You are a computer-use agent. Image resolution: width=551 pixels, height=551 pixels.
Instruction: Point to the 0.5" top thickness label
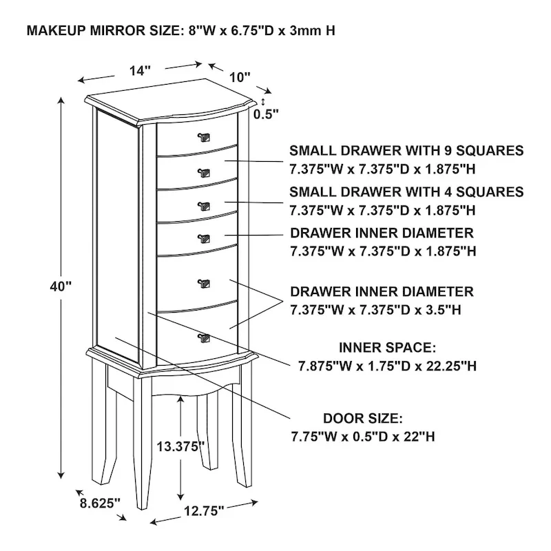[267, 114]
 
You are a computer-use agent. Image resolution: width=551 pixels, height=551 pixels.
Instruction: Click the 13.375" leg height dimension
[181, 446]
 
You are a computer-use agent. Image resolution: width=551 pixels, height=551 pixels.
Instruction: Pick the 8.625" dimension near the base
[99, 503]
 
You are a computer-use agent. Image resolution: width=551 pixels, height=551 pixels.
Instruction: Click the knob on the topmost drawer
[203, 136]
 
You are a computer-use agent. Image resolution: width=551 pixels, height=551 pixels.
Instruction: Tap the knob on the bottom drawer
[202, 337]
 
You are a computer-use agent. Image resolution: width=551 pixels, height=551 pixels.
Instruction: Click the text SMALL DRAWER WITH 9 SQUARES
[406, 150]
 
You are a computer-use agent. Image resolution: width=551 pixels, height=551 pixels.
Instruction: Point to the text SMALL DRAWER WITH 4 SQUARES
[406, 191]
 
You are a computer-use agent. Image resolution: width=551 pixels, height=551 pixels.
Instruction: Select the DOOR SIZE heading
[362, 418]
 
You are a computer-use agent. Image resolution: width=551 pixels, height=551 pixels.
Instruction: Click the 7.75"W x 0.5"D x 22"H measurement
[362, 437]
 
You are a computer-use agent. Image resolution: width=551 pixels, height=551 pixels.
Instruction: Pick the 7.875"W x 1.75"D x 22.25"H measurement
[387, 366]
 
